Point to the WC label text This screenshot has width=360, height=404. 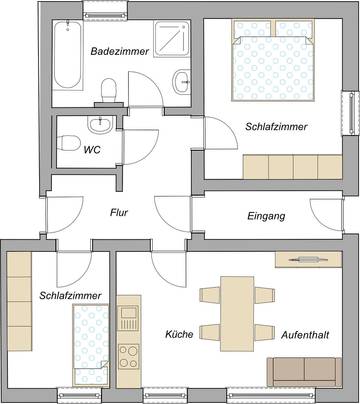pyautogui.click(x=91, y=151)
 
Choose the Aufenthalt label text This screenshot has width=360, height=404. pyautogui.click(x=305, y=334)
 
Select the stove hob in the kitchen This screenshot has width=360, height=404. pyautogui.click(x=128, y=352)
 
